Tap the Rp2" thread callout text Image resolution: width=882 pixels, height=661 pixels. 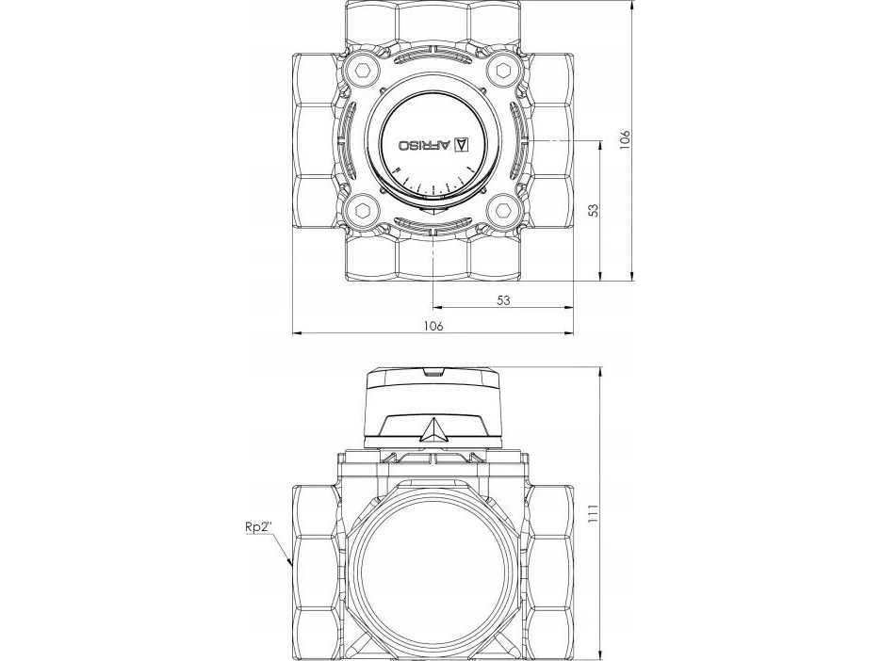coord(258,526)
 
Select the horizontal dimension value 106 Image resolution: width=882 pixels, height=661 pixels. coord(433,326)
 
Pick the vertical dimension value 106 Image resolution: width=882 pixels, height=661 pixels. coord(625,139)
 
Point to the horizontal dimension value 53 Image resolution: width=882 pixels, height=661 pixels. coord(503,300)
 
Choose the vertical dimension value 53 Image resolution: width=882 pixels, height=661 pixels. coord(594,210)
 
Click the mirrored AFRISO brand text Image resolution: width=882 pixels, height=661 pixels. coord(425,145)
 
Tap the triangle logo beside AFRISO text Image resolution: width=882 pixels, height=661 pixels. coord(461,144)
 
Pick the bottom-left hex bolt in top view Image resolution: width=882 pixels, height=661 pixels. coord(361,211)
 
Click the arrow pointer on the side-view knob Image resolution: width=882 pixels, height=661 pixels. coord(433,430)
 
